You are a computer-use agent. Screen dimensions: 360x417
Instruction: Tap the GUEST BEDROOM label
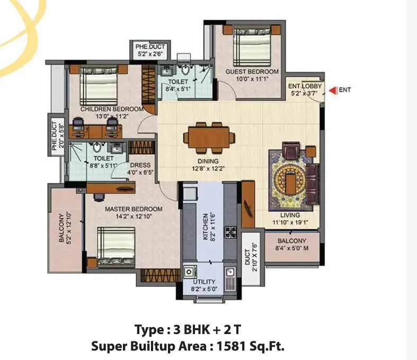[252, 72]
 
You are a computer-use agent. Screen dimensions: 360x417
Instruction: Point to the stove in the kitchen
[231, 232]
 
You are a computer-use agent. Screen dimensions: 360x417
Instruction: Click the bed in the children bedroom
[101, 88]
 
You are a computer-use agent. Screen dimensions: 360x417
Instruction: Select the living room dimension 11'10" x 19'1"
[290, 223]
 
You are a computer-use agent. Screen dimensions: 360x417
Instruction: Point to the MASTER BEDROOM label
[134, 209]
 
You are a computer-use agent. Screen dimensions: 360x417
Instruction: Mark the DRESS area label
[140, 165]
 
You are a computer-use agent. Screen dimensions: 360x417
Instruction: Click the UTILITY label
[203, 282]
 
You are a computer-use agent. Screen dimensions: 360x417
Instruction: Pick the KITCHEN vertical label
[206, 227]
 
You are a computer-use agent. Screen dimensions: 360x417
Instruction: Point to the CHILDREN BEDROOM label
[112, 109]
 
